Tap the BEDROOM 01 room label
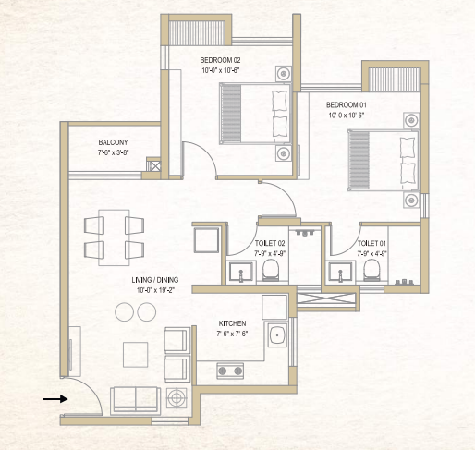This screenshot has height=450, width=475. click(347, 106)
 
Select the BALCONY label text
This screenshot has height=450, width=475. click(113, 142)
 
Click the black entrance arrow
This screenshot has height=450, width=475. click(55, 399)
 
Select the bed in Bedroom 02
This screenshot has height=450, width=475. click(255, 115)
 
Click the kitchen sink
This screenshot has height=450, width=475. click(275, 337)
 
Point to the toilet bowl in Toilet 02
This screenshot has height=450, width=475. click(271, 269)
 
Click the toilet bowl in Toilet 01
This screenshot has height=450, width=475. click(372, 268)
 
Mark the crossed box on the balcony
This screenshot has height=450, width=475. click(155, 168)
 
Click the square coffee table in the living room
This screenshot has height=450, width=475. click(135, 353)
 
